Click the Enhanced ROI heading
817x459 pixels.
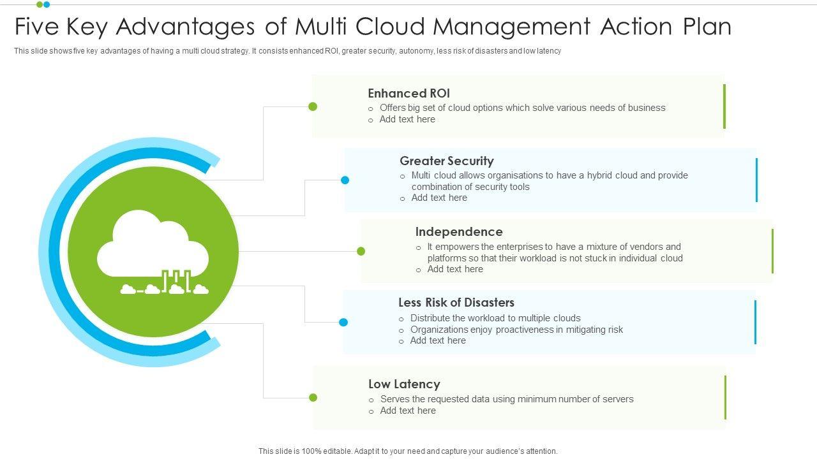408,93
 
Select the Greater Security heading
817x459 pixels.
447,161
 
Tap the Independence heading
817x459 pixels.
459,231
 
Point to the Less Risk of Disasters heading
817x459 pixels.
456,302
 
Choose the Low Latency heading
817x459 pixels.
404,384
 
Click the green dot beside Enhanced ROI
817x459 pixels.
313,106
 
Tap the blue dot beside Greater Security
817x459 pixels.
345,180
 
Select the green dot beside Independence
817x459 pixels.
361,251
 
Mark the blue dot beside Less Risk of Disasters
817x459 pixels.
343,322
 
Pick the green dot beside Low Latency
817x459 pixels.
313,397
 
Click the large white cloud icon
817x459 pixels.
153,244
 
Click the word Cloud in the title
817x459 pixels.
390,27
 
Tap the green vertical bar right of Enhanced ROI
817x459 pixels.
724,106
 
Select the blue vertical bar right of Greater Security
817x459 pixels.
756,180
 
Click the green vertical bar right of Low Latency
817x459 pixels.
726,397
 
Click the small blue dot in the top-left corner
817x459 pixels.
47,4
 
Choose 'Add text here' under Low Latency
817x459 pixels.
408,411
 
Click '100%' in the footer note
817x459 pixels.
311,451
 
